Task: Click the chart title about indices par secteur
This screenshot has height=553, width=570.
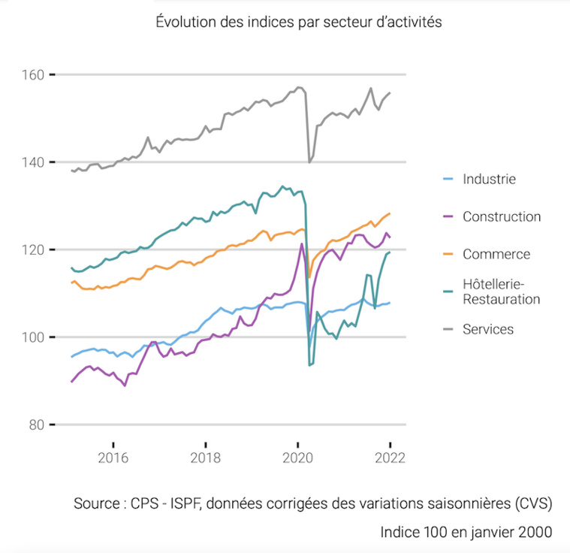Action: click(x=299, y=22)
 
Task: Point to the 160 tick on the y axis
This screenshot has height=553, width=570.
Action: click(x=35, y=74)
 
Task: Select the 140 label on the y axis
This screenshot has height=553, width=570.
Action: click(x=35, y=162)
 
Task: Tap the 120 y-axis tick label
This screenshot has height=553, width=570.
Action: click(x=35, y=249)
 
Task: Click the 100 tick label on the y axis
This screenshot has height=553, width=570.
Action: click(x=35, y=337)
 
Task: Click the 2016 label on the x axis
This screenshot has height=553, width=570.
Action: click(x=113, y=458)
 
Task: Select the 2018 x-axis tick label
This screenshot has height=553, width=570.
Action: click(x=206, y=458)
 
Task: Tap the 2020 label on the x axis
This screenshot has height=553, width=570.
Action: click(x=298, y=458)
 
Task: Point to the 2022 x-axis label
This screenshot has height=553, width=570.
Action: click(x=390, y=458)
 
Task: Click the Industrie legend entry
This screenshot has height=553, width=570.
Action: click(x=489, y=179)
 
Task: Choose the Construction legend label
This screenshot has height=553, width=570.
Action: click(x=501, y=216)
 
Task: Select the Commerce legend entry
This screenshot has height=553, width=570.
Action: click(x=496, y=254)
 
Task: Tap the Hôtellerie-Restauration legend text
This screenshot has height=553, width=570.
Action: click(x=501, y=292)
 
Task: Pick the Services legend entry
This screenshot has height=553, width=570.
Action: click(x=488, y=329)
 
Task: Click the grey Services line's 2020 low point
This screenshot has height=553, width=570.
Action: click(x=309, y=162)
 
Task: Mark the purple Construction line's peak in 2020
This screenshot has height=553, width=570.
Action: click(x=302, y=243)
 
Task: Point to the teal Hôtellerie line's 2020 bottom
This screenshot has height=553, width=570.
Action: click(x=309, y=364)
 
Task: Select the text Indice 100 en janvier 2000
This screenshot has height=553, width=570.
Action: click(x=466, y=532)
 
